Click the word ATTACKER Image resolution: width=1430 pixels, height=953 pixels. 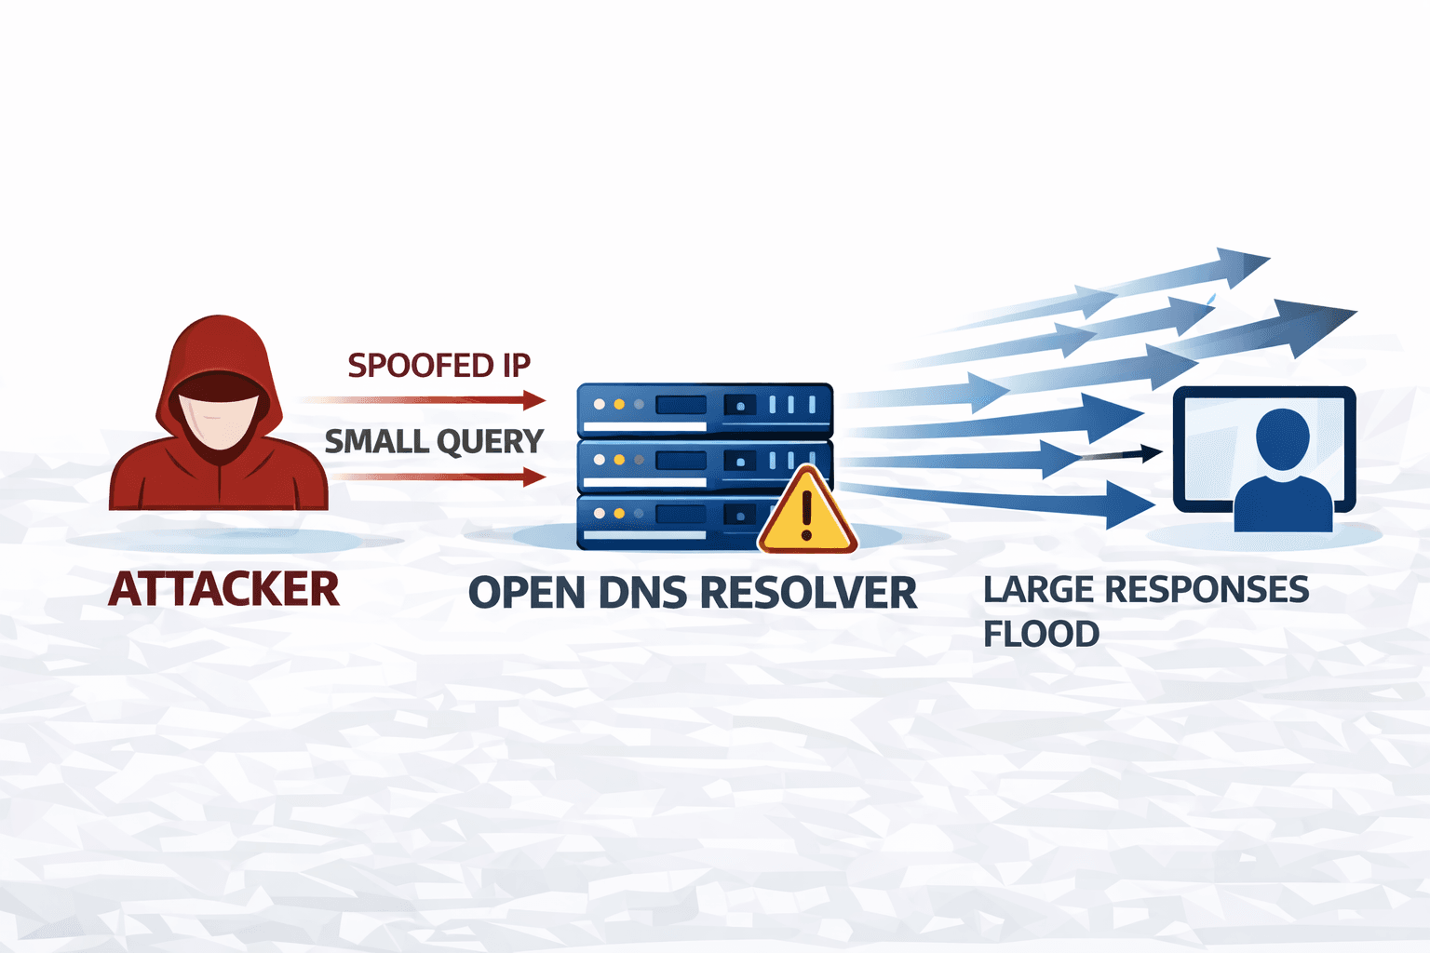pos(224,589)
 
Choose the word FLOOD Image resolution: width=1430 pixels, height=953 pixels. pos(1041,635)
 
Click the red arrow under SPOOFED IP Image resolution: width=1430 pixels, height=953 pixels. pos(428,400)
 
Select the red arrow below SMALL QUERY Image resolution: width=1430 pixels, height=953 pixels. pos(438,477)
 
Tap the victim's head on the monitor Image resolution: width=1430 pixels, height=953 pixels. pos(1282,437)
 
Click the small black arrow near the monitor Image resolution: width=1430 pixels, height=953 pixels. pos(1131,454)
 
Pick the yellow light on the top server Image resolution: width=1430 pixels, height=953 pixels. pos(619,405)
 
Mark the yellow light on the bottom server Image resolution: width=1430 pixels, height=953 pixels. pos(619,513)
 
